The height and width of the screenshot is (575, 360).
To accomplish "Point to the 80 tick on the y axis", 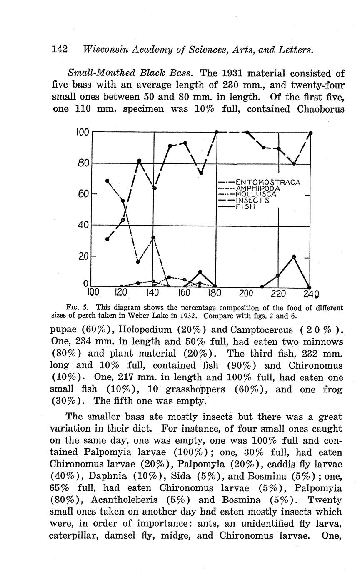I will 83,163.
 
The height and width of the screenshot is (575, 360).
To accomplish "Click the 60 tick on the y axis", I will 83,194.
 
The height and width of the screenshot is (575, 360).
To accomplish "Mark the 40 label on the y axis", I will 83,225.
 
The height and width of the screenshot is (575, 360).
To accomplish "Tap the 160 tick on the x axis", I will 184,293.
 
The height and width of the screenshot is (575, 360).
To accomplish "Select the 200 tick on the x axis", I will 246,293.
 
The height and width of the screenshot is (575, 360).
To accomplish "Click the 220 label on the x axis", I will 278,293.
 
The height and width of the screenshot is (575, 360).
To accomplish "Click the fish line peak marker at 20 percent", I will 294,256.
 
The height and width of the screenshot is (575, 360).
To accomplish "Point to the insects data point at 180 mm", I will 217,132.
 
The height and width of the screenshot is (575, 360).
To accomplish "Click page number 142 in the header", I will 60,50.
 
